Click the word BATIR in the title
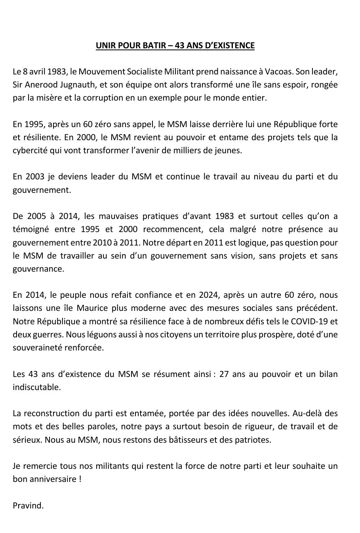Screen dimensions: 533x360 click(x=148, y=46)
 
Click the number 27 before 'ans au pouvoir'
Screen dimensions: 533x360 click(x=224, y=374)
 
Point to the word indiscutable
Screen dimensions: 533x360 click(x=37, y=387)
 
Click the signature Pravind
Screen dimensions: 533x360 click(x=28, y=505)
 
